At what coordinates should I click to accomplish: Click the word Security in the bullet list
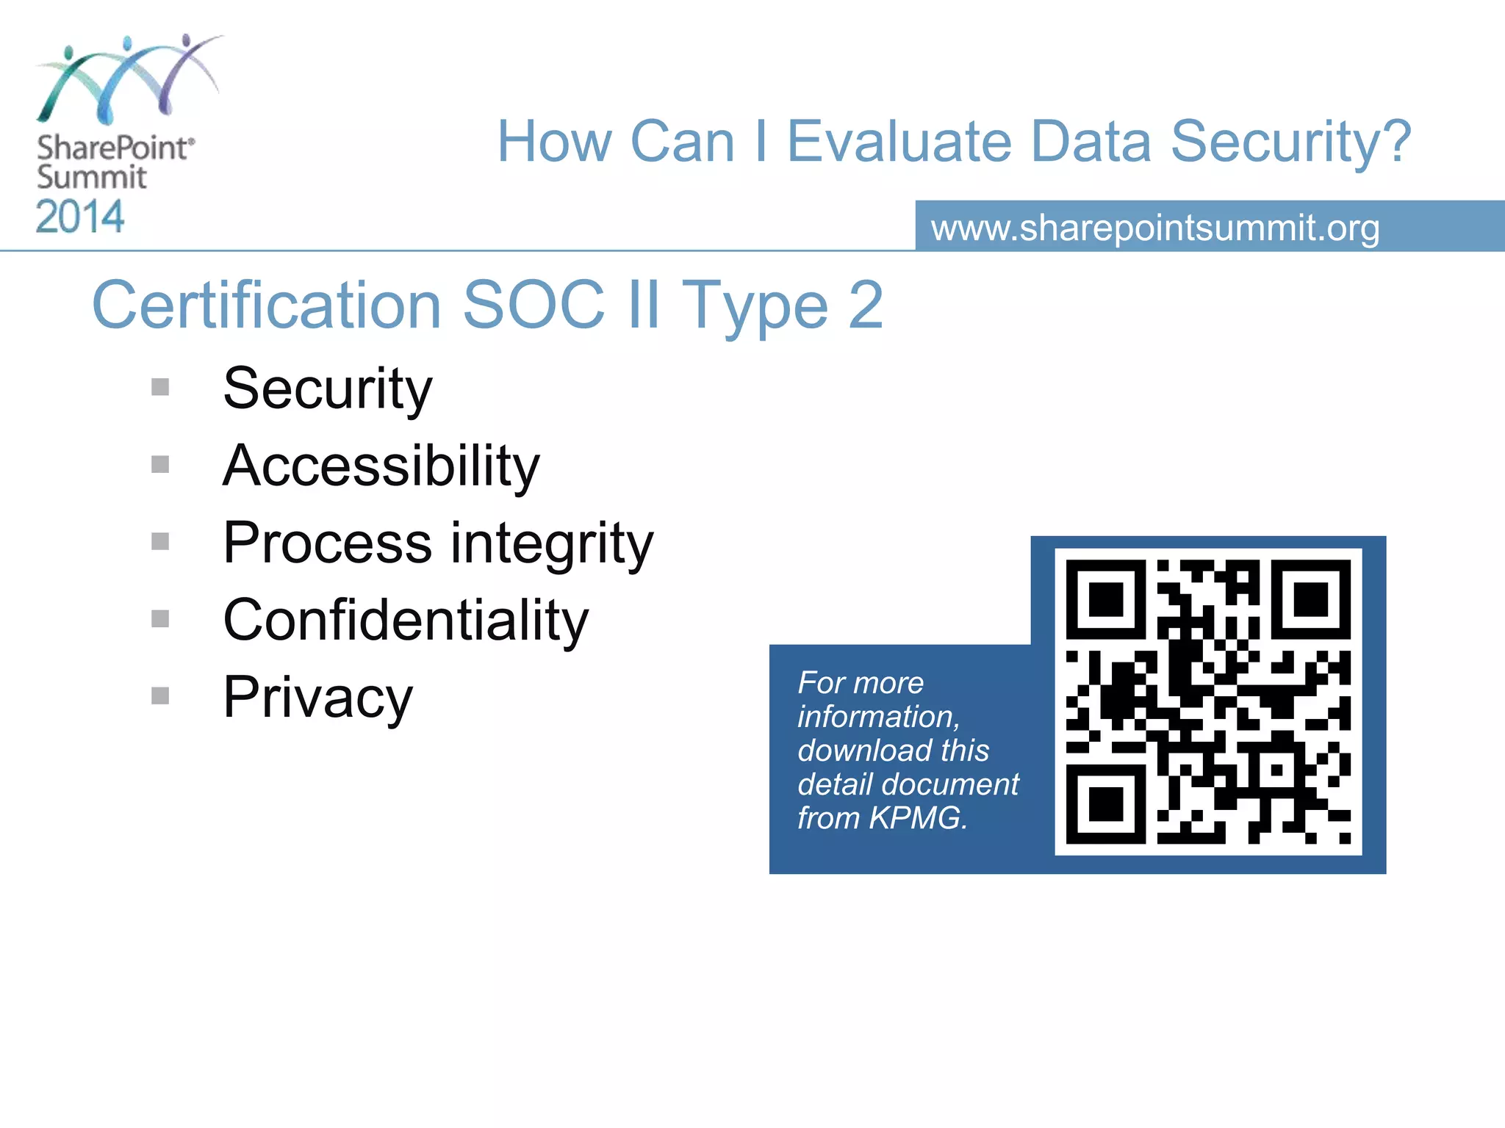pos(328,389)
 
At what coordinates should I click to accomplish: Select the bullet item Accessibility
pos(381,467)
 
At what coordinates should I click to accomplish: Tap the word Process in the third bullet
pos(328,543)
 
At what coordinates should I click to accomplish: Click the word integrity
pos(551,545)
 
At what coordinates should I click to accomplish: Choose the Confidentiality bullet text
pos(406,621)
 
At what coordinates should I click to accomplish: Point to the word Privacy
pos(317,698)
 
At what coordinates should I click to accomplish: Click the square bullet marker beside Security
pos(160,387)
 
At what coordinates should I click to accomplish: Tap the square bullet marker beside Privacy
pos(160,695)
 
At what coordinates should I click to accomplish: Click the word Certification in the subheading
pos(266,305)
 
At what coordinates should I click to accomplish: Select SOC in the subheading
pos(534,305)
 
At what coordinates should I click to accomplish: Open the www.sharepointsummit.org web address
pos(1154,228)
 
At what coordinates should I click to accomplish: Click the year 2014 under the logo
pos(80,217)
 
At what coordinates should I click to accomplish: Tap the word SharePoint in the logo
pos(114,148)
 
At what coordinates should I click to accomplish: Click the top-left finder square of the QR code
pos(1105,599)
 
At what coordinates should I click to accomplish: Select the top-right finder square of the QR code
pos(1311,599)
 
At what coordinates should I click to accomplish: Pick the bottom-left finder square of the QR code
pos(1105,804)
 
